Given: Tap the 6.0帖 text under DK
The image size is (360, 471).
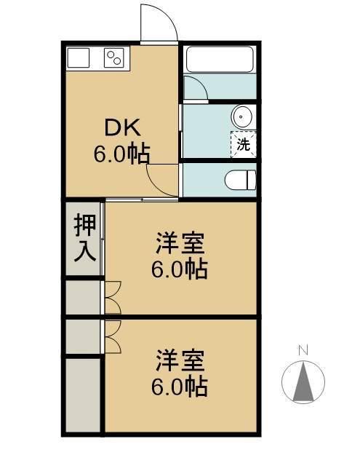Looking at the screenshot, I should (121, 154).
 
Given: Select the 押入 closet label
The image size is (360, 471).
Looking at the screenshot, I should (84, 239).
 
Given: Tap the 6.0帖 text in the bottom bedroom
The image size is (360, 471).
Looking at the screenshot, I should (180, 386).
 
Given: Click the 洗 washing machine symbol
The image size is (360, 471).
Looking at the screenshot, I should (244, 143).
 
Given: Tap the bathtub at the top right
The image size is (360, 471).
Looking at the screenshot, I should (219, 59).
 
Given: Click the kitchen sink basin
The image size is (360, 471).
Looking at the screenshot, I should (78, 57).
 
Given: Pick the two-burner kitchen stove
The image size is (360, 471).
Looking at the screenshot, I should (115, 57).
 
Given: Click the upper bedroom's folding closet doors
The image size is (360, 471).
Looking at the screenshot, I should (112, 298).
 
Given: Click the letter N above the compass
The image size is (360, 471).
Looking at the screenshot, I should (303, 351).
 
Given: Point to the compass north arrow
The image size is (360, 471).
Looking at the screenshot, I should (303, 382).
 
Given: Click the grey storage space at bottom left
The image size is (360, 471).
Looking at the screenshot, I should (81, 395).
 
